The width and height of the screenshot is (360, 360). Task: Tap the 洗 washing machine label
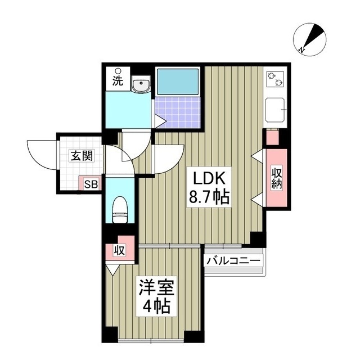tap(117, 80)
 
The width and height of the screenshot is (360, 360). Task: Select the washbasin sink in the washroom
tap(139, 85)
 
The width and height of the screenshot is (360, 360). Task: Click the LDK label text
tap(210, 179)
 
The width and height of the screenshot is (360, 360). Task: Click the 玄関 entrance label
tap(81, 156)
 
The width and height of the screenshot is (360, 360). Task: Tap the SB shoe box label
tap(90, 183)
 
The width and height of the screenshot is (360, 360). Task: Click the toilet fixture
tap(120, 209)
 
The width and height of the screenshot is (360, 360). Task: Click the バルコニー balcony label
tap(233, 262)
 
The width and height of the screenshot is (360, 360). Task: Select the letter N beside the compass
tap(302, 51)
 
